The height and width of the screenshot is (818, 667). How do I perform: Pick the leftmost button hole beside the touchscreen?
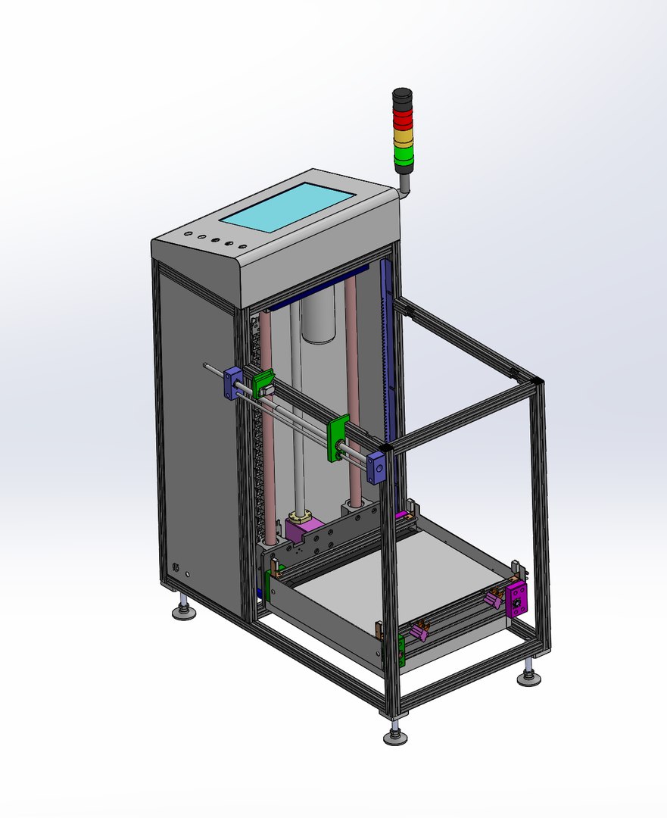[187, 236]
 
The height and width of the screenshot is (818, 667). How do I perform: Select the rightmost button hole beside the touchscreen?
[243, 246]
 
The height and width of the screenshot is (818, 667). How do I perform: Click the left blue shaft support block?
[231, 382]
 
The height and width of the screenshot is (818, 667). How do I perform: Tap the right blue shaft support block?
[376, 467]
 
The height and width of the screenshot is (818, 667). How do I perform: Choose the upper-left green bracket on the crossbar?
[262, 383]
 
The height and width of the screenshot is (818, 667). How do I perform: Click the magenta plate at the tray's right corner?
[518, 600]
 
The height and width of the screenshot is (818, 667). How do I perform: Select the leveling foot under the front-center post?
[394, 735]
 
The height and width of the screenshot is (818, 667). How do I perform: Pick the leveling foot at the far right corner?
[529, 676]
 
